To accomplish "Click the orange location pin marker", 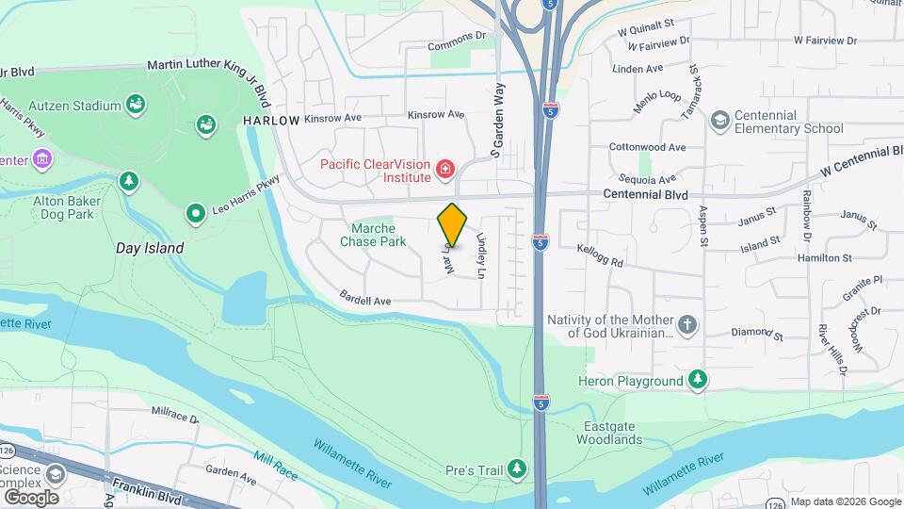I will tap(453, 225).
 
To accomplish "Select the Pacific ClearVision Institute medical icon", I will tap(444, 170).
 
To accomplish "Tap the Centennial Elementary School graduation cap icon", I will tap(720, 121).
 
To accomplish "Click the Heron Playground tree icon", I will tap(697, 380).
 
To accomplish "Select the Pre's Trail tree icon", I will tap(516, 468).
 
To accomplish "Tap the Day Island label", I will tap(149, 248).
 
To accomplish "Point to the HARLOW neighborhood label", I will tap(270, 121).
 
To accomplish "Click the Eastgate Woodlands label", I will tap(610, 433).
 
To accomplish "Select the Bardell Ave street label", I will tap(366, 302).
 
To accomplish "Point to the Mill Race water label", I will tap(275, 464).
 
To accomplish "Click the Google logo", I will tap(31, 497).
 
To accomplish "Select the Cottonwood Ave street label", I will tap(647, 148).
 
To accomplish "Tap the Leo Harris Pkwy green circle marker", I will tap(196, 214).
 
